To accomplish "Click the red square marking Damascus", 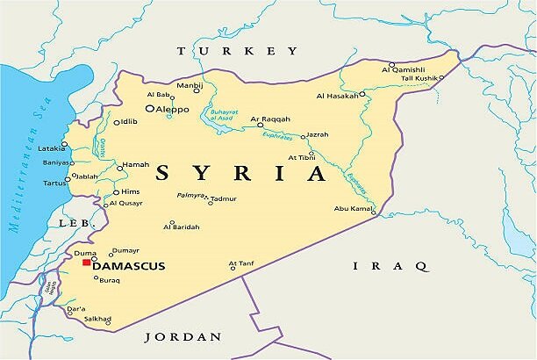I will (x=86, y=262).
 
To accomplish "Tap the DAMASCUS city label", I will (x=128, y=266).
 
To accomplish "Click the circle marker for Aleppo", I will (x=150, y=109).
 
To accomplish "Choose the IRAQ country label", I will (x=390, y=265).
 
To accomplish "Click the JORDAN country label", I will (x=183, y=336).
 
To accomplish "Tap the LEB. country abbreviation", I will (x=75, y=224).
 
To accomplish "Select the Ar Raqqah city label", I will (x=269, y=118).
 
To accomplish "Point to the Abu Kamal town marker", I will (x=373, y=212).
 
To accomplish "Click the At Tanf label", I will (x=240, y=262).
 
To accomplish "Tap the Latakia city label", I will (x=50, y=148).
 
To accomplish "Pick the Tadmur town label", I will (x=224, y=198).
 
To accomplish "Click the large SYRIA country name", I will (x=240, y=172).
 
